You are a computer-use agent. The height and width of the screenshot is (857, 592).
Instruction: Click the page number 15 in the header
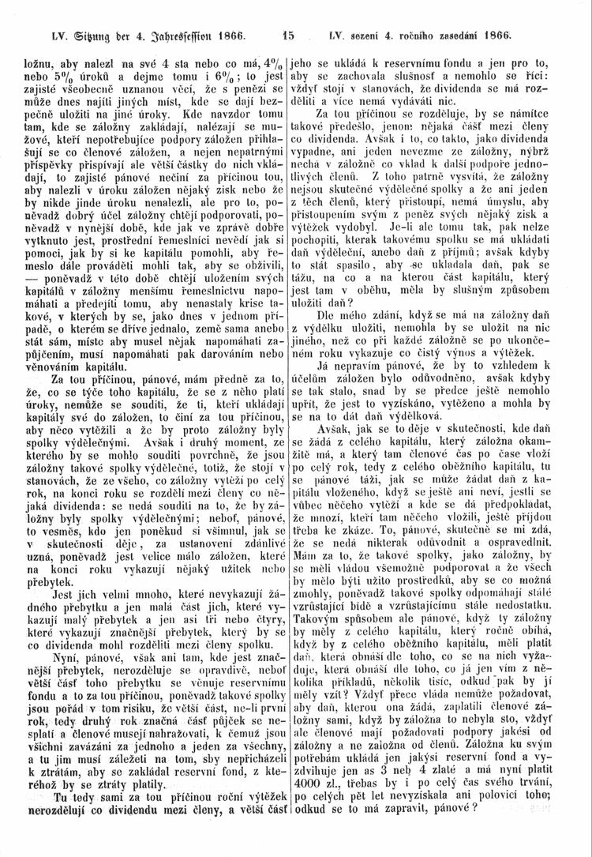(x=288, y=36)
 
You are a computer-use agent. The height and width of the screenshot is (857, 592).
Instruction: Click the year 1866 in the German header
(x=227, y=36)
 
